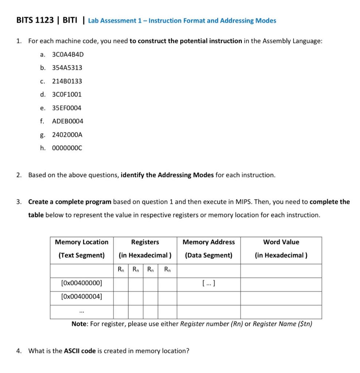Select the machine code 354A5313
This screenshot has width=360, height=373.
[67, 68]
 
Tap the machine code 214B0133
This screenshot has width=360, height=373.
[67, 81]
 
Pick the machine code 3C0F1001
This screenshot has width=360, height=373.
[67, 94]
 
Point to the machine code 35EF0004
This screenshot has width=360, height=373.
[67, 108]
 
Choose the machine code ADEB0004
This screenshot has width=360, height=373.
[68, 121]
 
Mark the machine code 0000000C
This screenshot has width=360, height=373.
[67, 148]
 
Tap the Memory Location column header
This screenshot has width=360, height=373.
[82, 242]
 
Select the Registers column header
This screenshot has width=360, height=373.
[145, 242]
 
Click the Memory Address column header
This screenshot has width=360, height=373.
[208, 242]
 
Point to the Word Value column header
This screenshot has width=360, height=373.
[281, 242]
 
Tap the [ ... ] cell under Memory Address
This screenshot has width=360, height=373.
[208, 283]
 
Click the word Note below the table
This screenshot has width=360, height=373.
[79, 324]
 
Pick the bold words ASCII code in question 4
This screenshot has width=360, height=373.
[80, 351]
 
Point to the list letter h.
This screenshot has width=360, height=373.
[43, 148]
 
